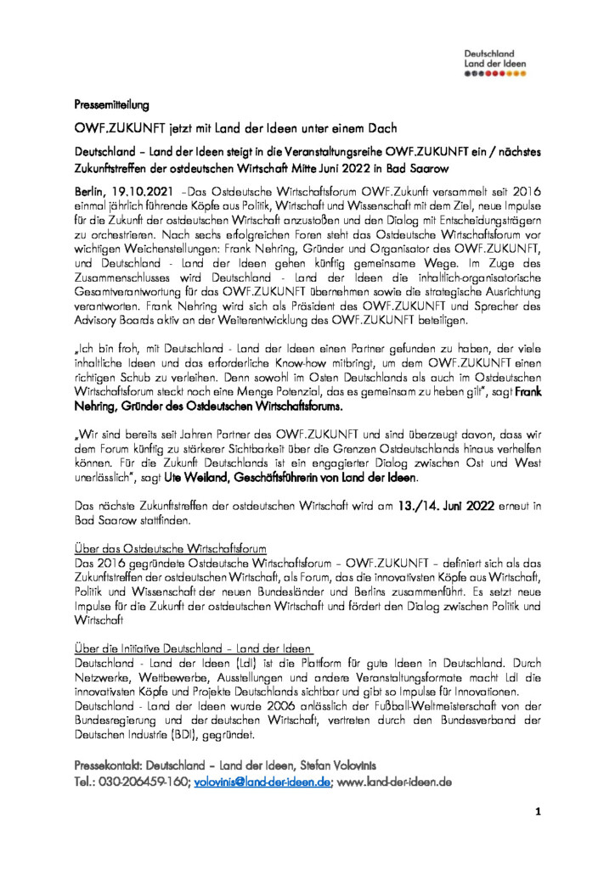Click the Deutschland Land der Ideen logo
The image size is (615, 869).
(x=495, y=62)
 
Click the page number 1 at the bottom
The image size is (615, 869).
(x=538, y=812)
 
